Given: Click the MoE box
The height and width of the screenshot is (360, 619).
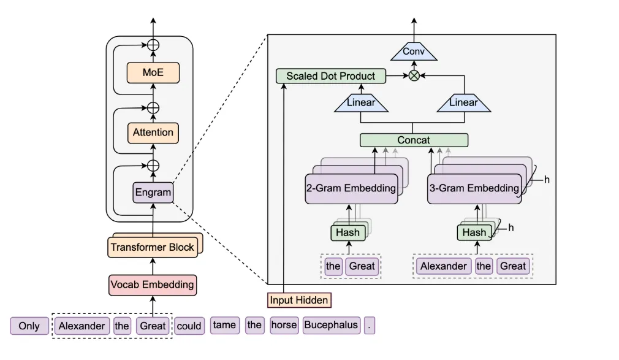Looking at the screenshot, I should coord(153,72).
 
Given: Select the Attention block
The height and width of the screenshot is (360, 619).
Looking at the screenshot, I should coord(153,132).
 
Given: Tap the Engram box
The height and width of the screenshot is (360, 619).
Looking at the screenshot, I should coord(153,193).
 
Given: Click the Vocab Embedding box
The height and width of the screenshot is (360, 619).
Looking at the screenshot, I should coord(153,285).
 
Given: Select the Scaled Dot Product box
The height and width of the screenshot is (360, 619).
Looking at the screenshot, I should coord(331,76).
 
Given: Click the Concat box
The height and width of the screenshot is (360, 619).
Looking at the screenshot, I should coord(414,140).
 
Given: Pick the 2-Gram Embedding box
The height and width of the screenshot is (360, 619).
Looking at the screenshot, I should coord(351,188).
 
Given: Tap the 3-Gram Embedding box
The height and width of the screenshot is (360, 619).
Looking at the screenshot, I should coord(473,188).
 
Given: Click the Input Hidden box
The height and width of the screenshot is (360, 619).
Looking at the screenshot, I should coord(299,301).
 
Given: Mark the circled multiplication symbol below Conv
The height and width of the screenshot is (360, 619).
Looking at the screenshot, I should coord(414,76).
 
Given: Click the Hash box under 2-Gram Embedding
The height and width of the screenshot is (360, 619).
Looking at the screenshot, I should coord(347,232).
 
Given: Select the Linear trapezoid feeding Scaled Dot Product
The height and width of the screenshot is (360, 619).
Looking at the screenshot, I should coord(361,103).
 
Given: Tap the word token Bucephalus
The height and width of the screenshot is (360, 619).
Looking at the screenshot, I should coord(332,325).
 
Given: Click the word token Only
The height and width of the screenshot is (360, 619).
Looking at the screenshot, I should coord(29,326).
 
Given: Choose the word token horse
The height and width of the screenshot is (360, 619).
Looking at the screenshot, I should coord(284,325).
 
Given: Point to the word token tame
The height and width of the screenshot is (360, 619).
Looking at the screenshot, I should coord(225,325).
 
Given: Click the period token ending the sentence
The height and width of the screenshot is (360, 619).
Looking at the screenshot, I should coord(369,326).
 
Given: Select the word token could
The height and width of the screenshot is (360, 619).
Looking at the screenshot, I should coord(189,326).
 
